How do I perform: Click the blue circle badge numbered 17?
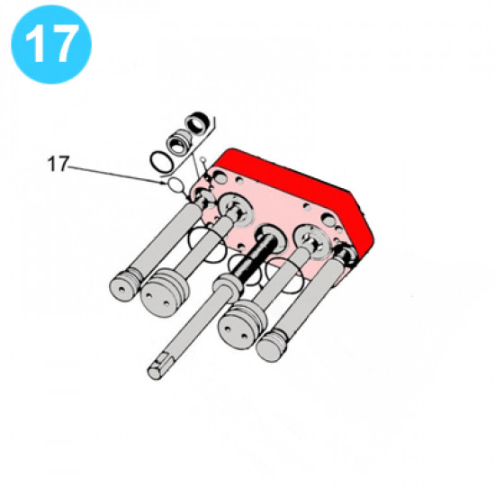pos(51,44)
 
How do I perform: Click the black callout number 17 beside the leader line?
pos(58,164)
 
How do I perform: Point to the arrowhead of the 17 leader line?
pos(164,183)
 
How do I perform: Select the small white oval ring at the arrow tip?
pos(175,184)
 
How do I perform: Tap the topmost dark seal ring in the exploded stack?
pos(197,122)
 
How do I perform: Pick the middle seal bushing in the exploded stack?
pos(179,142)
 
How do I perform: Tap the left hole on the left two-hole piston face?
pos(149,295)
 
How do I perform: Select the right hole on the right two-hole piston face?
pos(244,335)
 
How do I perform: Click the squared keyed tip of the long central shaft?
pos(158,367)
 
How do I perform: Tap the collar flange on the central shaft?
pos(228,284)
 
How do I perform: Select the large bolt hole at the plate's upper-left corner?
pos(220,178)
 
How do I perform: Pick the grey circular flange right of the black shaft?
pos(312,242)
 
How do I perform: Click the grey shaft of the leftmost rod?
pos(163,239)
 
